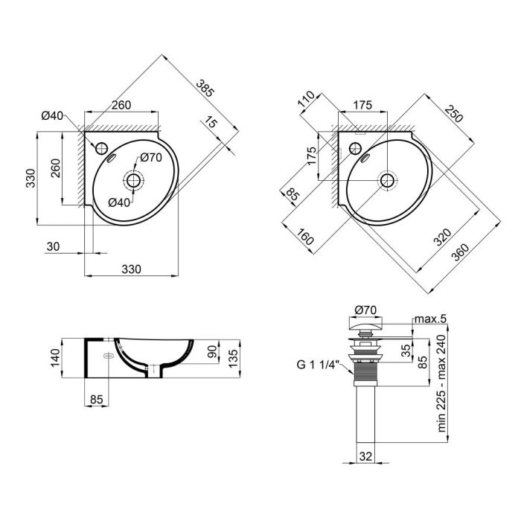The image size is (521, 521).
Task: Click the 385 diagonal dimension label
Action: pyautogui.click(x=205, y=89)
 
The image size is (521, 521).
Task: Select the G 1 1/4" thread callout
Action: pyautogui.click(x=318, y=364)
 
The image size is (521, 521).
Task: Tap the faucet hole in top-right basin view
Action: pyautogui.click(x=355, y=147)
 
